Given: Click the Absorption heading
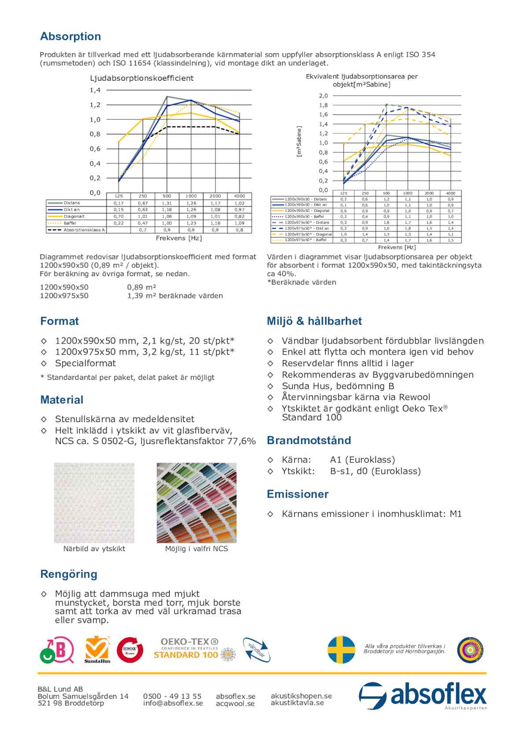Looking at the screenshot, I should [70, 37].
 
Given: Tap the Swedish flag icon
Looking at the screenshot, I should [341, 649].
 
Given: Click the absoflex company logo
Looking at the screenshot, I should [422, 695].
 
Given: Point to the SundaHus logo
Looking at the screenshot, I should [97, 649].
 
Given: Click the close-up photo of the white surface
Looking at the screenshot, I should [94, 503].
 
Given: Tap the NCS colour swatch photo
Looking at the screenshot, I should [196, 503].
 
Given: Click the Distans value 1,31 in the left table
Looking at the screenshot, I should [166, 203].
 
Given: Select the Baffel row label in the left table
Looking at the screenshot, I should [70, 223].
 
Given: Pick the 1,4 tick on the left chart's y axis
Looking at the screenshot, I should [95, 90].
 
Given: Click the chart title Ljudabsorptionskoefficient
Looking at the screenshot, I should [142, 78].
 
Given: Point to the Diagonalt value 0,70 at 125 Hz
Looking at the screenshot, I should [118, 216].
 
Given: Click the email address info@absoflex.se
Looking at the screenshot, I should [173, 703].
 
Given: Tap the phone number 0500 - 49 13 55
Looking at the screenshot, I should [172, 696].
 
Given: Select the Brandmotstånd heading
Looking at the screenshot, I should [309, 440].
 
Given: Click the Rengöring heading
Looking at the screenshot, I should [69, 574].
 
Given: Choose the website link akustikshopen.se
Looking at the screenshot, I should [301, 696].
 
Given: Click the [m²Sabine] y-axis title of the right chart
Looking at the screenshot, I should [299, 142].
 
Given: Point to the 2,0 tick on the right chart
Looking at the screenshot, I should [323, 96].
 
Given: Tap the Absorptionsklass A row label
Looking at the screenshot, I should [84, 230].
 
